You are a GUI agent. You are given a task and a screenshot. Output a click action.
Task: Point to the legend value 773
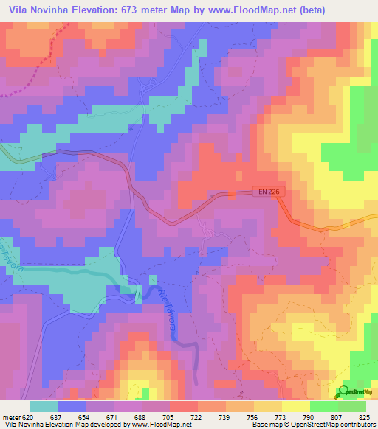(x=281, y=417)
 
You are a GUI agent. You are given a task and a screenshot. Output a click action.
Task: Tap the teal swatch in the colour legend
(x=44, y=406)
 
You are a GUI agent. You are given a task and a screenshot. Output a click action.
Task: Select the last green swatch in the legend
(x=352, y=406)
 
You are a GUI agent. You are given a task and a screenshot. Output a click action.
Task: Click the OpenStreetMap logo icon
(x=343, y=391)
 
